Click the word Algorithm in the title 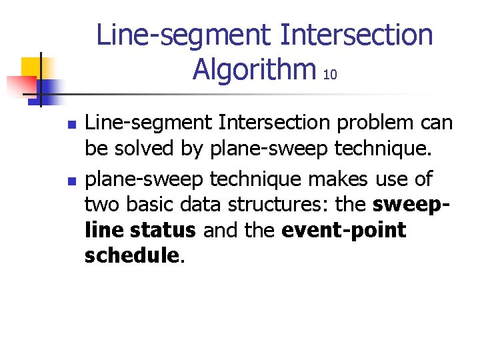coord(254,68)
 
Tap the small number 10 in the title coord(329,75)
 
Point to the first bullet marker coord(73,125)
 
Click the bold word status coord(163,231)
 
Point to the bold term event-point coord(344,231)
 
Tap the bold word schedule coord(131,257)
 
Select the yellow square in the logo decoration coord(31,67)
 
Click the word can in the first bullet coord(437,123)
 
